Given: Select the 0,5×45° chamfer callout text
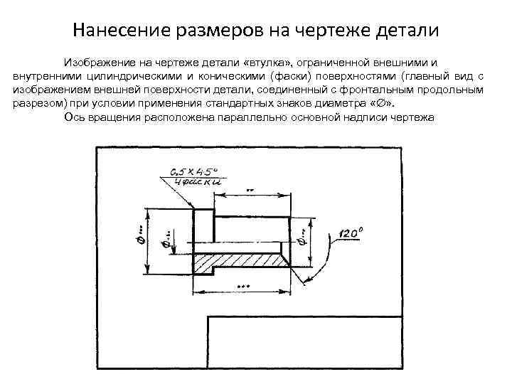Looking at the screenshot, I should (193, 171).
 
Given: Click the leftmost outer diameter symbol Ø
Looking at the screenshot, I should (140, 241).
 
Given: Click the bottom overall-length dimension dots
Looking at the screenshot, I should (243, 286).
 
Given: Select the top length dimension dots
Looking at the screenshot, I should (250, 191).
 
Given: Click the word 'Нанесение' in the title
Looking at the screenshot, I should (115, 31).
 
